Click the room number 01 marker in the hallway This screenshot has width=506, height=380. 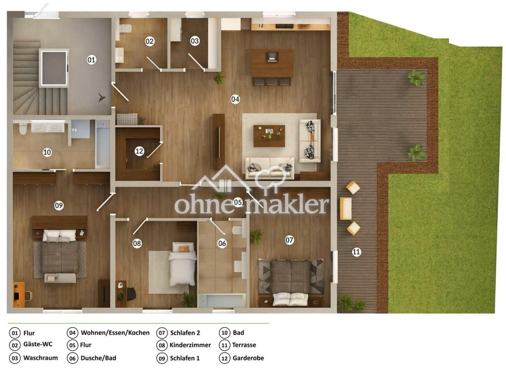click(x=91, y=60)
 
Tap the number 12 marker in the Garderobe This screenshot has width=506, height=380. click(x=139, y=151)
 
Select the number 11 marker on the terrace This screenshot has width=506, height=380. click(x=356, y=252)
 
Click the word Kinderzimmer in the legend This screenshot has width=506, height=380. click(x=190, y=345)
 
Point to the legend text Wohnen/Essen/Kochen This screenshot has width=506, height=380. click(x=115, y=333)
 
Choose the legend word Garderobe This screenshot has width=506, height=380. click(x=248, y=358)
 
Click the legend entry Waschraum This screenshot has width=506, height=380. click(x=40, y=358)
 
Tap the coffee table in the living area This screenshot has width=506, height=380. click(x=269, y=136)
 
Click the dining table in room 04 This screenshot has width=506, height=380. click(x=272, y=63)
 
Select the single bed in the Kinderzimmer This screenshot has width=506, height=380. click(x=182, y=264)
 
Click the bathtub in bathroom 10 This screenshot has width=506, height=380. click(x=102, y=143)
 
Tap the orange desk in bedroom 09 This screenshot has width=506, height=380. click(x=19, y=295)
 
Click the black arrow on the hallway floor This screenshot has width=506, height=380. click(x=102, y=98)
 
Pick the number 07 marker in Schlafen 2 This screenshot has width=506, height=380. click(x=289, y=240)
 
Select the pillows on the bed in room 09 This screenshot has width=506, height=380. click(x=59, y=236)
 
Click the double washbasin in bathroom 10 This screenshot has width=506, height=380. click(x=48, y=126)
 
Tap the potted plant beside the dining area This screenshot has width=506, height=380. click(x=219, y=78)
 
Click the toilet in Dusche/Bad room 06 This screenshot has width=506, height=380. click(x=237, y=230)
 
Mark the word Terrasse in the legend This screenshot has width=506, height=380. click(x=244, y=345)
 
